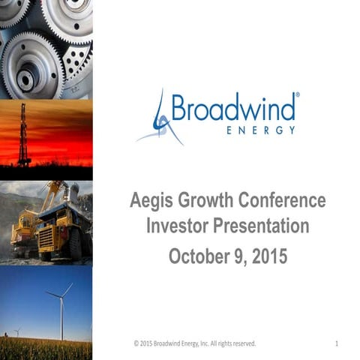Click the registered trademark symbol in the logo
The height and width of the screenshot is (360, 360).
tap(298, 96)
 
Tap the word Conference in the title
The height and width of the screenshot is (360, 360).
tap(285, 201)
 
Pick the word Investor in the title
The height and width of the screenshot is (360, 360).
tap(178, 227)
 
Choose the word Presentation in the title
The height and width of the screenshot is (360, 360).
tap(263, 227)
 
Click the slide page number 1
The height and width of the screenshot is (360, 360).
tap(337, 343)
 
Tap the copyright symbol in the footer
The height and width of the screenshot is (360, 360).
tap(136, 343)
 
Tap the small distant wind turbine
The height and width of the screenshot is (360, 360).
tap(16, 331)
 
